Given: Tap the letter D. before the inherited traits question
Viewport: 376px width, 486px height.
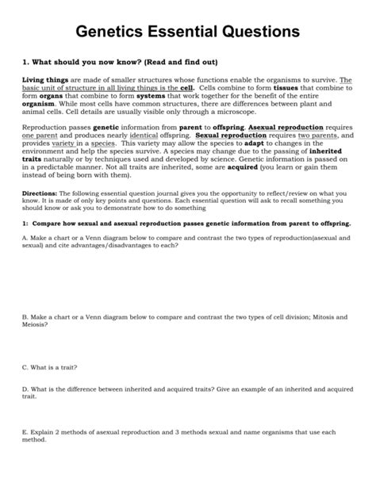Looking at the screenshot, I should pyautogui.click(x=26, y=388).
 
